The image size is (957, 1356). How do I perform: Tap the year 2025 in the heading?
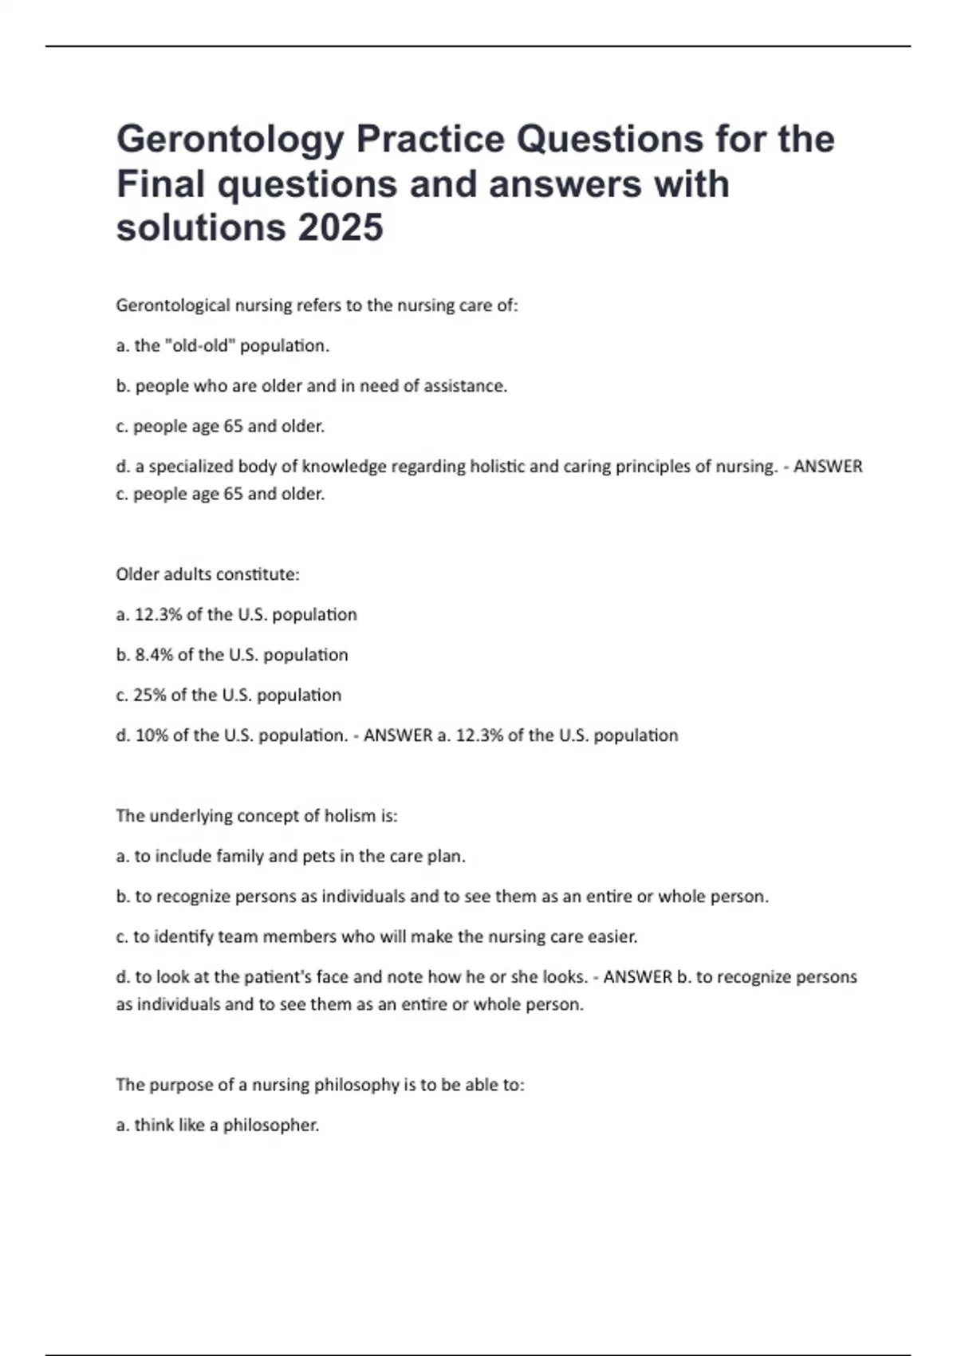(341, 228)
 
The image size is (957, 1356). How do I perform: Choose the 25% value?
(149, 695)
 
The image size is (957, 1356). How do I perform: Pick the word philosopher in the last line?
(270, 1125)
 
